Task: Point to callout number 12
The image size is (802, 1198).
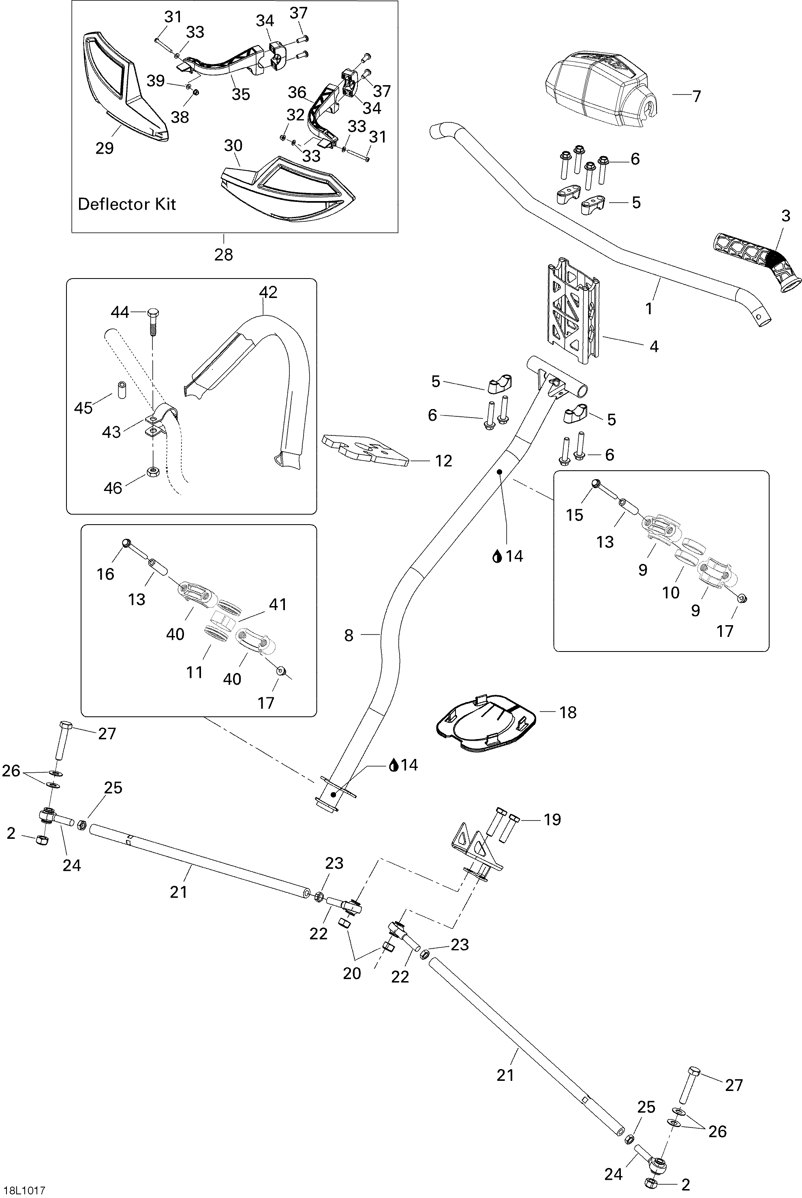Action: [443, 461]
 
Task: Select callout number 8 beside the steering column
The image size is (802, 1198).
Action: [349, 635]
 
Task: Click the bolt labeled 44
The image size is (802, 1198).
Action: [153, 321]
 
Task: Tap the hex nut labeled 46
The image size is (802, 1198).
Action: [152, 471]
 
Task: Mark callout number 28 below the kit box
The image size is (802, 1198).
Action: [224, 254]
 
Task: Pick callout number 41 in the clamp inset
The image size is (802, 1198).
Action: [278, 604]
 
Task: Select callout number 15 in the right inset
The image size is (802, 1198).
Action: [574, 515]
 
